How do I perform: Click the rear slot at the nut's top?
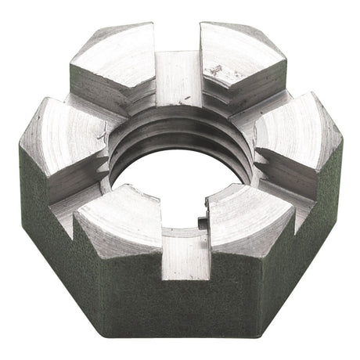tap(178, 74)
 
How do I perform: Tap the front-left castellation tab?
tap(117, 223)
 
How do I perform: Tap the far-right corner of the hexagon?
tap(342, 141)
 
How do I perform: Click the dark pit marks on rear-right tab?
tap(215, 70)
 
